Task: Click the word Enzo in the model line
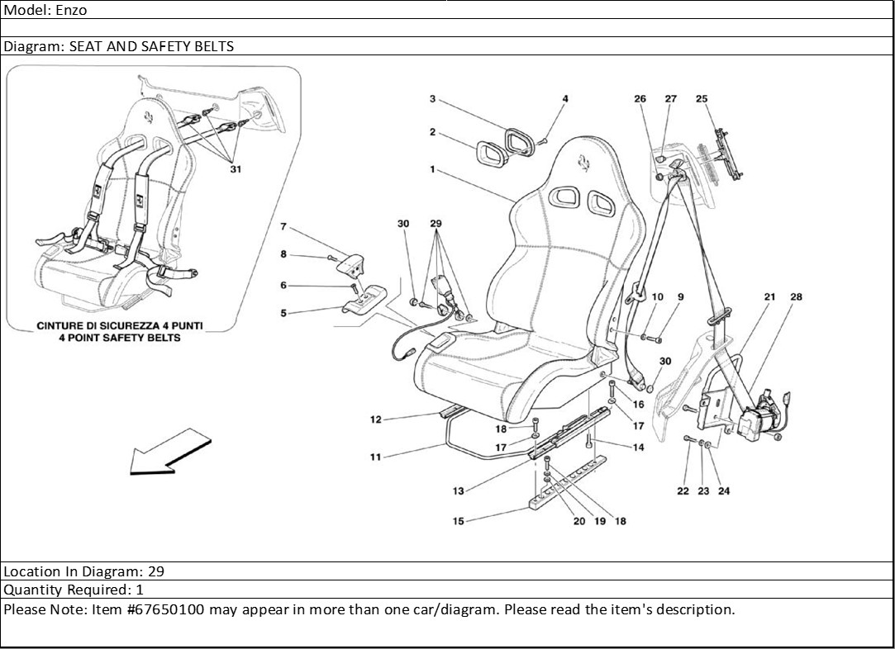point(71,11)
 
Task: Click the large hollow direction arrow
point(165,452)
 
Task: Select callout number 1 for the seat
point(432,169)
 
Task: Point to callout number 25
point(702,99)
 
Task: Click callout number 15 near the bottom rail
point(458,521)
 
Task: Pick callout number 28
point(796,297)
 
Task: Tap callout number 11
point(375,457)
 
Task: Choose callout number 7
point(283,226)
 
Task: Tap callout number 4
point(565,99)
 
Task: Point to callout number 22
point(683,491)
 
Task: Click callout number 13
point(458,491)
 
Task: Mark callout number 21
point(769,297)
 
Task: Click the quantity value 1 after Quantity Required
point(140,590)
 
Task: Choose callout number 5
point(283,313)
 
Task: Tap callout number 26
point(640,99)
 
